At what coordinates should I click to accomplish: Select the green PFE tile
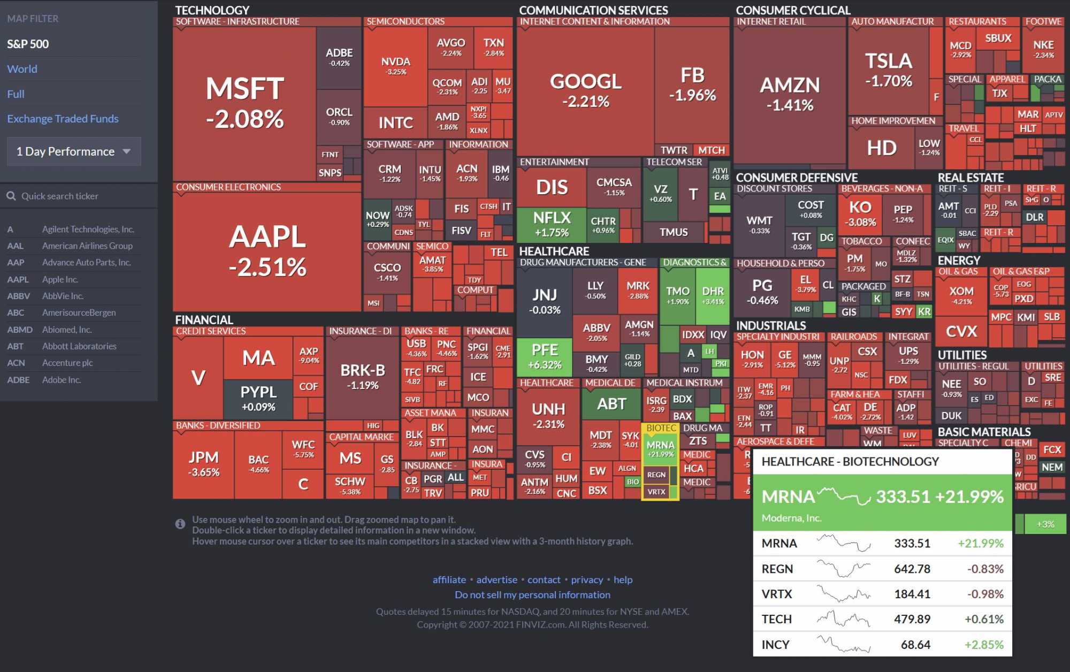tap(544, 356)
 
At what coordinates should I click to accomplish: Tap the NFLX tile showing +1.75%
tap(552, 224)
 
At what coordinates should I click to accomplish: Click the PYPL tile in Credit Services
tap(258, 399)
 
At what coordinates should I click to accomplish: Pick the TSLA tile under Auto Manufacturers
tap(889, 70)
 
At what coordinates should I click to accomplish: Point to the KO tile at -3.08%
tap(860, 213)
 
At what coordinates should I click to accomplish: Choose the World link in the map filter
tap(22, 69)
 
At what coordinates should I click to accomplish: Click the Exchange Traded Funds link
tap(63, 119)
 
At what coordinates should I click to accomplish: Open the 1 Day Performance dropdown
tap(74, 151)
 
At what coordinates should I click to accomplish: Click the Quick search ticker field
tap(80, 196)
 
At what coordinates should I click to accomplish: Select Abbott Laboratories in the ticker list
tap(79, 346)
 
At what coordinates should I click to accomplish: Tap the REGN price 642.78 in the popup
tap(912, 569)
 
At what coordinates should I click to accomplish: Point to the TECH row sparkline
tap(843, 620)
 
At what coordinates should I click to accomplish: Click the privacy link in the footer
tap(586, 579)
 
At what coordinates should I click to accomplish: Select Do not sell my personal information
tap(532, 595)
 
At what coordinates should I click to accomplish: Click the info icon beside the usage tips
tap(180, 524)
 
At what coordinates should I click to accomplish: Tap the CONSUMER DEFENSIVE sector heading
tap(796, 178)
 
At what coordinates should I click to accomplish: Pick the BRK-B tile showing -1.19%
tap(363, 377)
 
